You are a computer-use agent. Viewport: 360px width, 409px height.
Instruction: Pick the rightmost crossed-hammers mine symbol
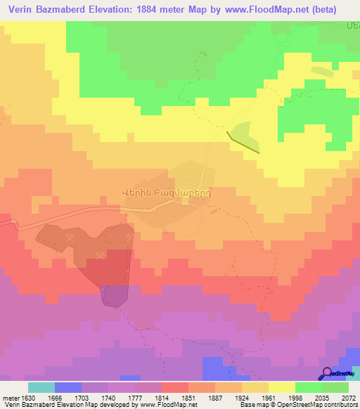click(128, 233)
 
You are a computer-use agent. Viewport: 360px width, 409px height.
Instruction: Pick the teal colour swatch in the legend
click(41, 387)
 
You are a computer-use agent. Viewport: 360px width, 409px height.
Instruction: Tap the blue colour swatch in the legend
click(68, 387)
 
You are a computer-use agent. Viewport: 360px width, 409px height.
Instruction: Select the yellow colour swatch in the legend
click(282, 387)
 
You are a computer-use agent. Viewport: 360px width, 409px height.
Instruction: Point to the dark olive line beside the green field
click(243, 141)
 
